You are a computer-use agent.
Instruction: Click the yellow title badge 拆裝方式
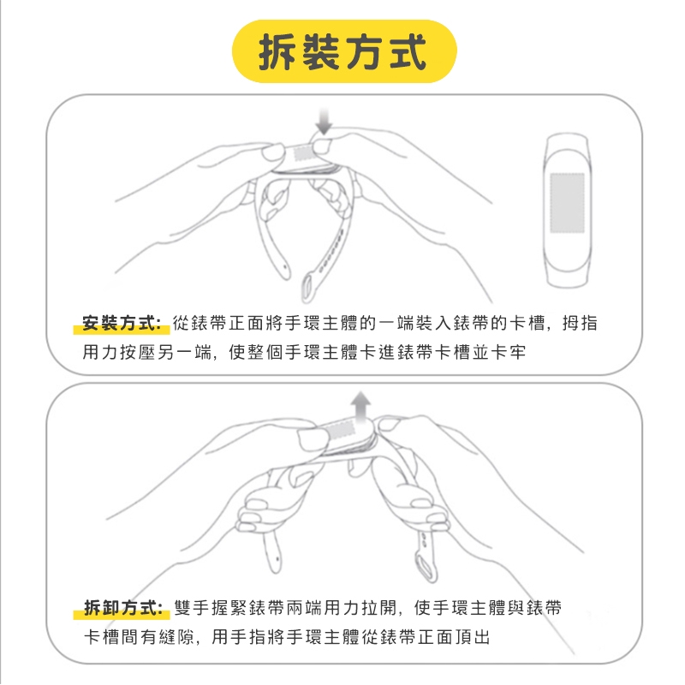(x=344, y=51)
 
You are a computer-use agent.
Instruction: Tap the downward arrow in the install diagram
(x=324, y=122)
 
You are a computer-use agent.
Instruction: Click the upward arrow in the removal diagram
(x=360, y=406)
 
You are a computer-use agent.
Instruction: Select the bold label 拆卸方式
(x=122, y=607)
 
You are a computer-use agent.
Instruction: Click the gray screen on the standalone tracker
(x=567, y=203)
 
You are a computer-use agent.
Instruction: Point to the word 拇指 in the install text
(x=580, y=323)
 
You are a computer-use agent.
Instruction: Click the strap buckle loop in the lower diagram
(x=426, y=566)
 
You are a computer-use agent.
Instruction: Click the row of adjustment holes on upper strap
(x=330, y=254)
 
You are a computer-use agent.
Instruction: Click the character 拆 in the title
(x=277, y=52)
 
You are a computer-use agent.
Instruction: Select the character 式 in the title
(x=408, y=52)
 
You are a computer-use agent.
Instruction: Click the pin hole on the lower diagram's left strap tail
(x=277, y=558)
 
